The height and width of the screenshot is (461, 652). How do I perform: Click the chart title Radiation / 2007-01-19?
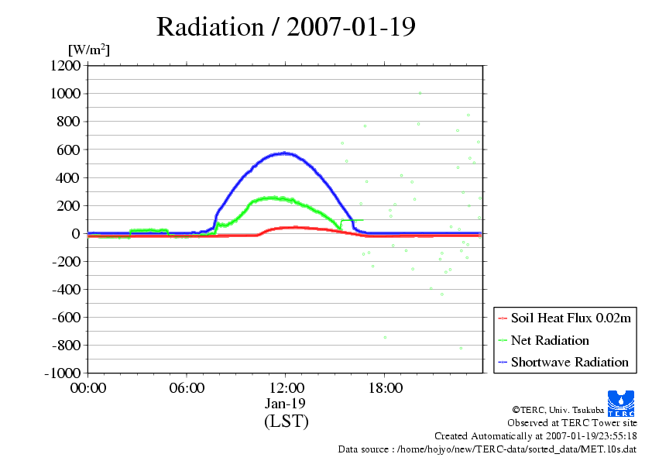(286, 27)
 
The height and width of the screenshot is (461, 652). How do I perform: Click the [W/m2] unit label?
(89, 50)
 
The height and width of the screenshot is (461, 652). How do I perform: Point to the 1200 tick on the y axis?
(64, 66)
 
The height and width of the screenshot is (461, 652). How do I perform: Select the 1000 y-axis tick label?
(64, 94)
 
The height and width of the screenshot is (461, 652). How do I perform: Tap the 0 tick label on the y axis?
(76, 233)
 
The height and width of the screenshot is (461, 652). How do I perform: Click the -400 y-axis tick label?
(63, 290)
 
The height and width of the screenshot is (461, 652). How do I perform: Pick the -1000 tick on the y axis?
(60, 373)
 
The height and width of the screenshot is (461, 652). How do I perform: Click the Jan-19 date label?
(286, 404)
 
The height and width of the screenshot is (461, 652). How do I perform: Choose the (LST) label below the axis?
(286, 421)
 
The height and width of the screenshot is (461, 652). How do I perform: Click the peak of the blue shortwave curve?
(285, 153)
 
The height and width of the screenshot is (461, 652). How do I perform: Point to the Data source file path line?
(487, 449)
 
